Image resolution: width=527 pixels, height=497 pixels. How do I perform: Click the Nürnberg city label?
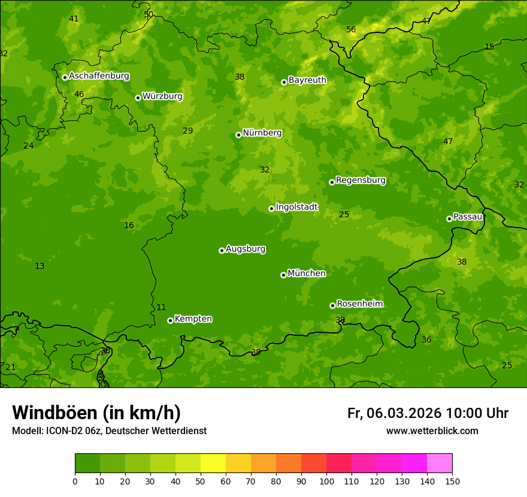[262, 133]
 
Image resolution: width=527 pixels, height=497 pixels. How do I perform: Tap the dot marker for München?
[283, 275]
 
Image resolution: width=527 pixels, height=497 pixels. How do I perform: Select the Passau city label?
[468, 217]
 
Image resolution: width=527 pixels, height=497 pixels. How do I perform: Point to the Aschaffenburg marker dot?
[65, 77]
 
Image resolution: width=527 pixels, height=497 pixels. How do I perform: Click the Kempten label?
[193, 319]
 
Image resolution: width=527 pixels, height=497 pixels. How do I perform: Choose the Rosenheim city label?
[359, 304]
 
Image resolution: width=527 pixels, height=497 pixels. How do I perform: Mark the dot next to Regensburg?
[332, 182]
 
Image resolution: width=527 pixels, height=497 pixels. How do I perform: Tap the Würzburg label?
[162, 96]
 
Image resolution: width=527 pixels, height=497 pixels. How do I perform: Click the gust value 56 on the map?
[351, 30]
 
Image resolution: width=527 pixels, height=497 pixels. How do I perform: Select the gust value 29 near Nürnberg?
[188, 131]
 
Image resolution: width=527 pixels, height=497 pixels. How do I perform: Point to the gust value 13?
[40, 266]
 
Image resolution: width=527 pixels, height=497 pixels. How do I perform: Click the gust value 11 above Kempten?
[161, 308]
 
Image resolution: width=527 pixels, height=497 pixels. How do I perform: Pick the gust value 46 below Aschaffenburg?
[79, 95]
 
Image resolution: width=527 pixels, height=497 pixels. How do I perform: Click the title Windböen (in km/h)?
[96, 413]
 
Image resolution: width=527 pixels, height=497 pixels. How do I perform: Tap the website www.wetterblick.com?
[432, 431]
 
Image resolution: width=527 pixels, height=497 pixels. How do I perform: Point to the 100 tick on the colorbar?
[326, 481]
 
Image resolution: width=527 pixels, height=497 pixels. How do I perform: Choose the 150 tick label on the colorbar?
[452, 481]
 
